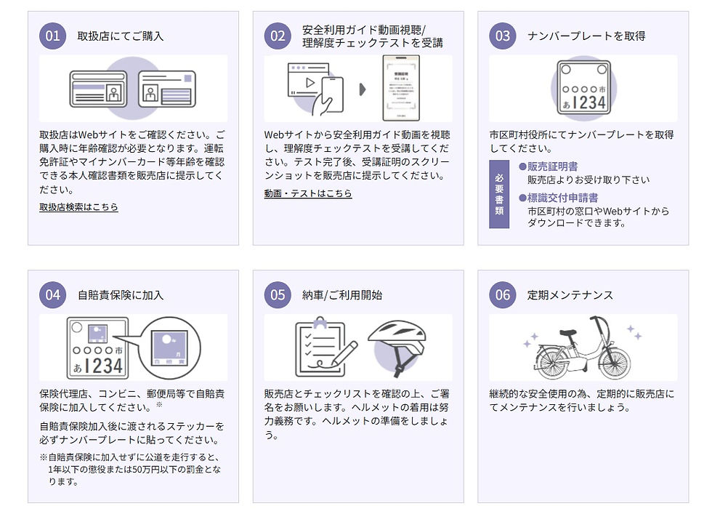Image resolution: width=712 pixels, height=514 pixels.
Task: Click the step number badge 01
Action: pyautogui.click(x=52, y=36)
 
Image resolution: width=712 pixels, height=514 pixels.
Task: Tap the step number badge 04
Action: pyautogui.click(x=52, y=294)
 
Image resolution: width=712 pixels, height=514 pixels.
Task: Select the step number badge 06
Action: pyautogui.click(x=503, y=294)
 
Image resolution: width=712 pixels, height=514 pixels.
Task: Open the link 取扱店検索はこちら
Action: pyautogui.click(x=78, y=207)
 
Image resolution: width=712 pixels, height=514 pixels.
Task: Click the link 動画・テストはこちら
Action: pyautogui.click(x=308, y=193)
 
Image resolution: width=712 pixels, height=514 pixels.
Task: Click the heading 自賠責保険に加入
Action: pyautogui.click(x=121, y=295)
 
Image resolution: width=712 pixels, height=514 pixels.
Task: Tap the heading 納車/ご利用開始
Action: pyautogui.click(x=341, y=295)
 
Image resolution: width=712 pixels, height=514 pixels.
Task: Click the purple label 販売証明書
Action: pyautogui.click(x=552, y=166)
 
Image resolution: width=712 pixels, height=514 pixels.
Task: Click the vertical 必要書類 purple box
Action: pyautogui.click(x=499, y=194)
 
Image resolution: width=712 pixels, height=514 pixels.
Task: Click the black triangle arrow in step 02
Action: pyautogui.click(x=363, y=89)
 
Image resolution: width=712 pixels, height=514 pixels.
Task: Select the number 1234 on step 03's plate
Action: pyautogui.click(x=591, y=103)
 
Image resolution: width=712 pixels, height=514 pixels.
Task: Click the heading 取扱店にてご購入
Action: pyautogui.click(x=121, y=36)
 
